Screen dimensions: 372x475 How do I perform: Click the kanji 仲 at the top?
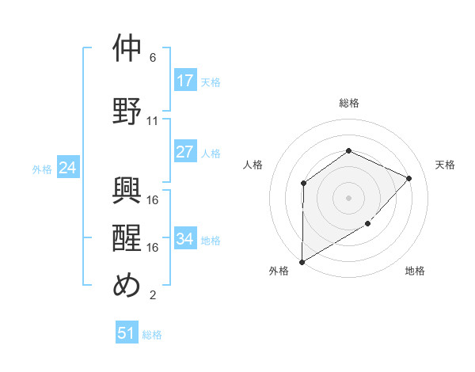(x=127, y=49)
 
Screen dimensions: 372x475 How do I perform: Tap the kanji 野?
(x=127, y=109)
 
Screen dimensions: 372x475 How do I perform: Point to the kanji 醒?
(x=127, y=237)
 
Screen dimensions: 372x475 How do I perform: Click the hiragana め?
(x=127, y=286)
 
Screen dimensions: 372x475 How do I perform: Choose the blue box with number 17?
(x=185, y=81)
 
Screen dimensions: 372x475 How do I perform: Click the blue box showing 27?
(x=185, y=152)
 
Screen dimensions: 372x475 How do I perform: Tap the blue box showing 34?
(x=185, y=239)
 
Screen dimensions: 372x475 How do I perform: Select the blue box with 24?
(x=67, y=168)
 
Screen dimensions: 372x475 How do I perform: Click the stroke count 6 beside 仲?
(x=153, y=58)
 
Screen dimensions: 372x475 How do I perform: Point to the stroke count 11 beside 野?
(x=153, y=121)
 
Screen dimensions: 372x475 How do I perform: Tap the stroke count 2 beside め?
(x=153, y=296)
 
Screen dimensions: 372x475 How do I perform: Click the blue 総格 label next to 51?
(x=152, y=335)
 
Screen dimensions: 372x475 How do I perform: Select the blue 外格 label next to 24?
(x=42, y=169)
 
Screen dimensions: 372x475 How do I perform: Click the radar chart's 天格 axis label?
(x=445, y=165)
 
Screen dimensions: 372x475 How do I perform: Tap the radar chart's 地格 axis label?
(x=415, y=271)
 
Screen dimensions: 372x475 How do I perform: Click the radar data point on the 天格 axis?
(x=408, y=178)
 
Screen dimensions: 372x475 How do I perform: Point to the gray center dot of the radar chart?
(x=348, y=197)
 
